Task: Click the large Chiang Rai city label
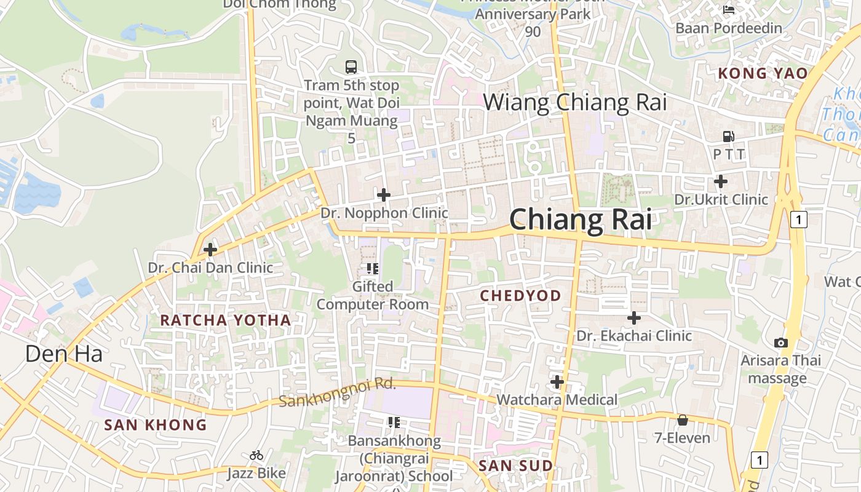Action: pyautogui.click(x=580, y=220)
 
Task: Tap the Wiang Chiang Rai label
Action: pyautogui.click(x=574, y=102)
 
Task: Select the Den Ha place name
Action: pyautogui.click(x=63, y=354)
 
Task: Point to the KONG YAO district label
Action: pyautogui.click(x=763, y=74)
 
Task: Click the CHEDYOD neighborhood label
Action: pyautogui.click(x=520, y=296)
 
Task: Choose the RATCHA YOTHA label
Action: pyautogui.click(x=225, y=320)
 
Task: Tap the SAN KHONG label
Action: pyautogui.click(x=155, y=425)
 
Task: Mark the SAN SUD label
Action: pyautogui.click(x=515, y=466)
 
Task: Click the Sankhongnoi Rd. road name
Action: pyautogui.click(x=336, y=393)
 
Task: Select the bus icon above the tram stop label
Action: pyautogui.click(x=351, y=67)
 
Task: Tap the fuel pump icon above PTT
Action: pyautogui.click(x=728, y=136)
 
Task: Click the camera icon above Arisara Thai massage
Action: pyautogui.click(x=780, y=343)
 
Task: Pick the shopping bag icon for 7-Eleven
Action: pyautogui.click(x=682, y=420)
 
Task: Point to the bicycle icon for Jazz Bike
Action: pyautogui.click(x=256, y=455)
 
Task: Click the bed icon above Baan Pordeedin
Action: pyautogui.click(x=729, y=9)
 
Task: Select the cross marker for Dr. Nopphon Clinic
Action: pyautogui.click(x=384, y=195)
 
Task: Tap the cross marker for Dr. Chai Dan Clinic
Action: pyautogui.click(x=210, y=250)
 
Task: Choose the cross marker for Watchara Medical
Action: pyautogui.click(x=557, y=382)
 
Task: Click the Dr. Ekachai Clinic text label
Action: pyautogui.click(x=633, y=336)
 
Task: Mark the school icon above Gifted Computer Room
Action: pyautogui.click(x=373, y=268)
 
